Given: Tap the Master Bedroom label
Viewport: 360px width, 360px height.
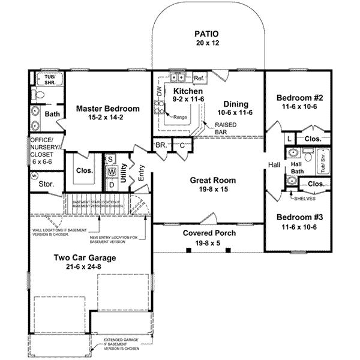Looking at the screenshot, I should (108, 109).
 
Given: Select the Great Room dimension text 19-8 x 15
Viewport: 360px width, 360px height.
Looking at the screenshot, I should (213, 190).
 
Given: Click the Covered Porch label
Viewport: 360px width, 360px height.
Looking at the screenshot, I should (209, 233).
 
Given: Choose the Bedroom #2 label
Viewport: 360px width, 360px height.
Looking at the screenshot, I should (300, 98).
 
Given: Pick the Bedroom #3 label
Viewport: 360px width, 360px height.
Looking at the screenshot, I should (300, 218).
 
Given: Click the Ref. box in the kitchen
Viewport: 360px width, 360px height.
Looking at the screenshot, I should (199, 78).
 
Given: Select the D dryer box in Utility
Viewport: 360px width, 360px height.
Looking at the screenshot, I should (112, 184).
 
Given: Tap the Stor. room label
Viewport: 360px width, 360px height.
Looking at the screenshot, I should (46, 185).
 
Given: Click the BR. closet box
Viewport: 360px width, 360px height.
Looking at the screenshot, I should (161, 145).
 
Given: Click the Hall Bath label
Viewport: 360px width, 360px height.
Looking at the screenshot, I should (296, 167).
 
